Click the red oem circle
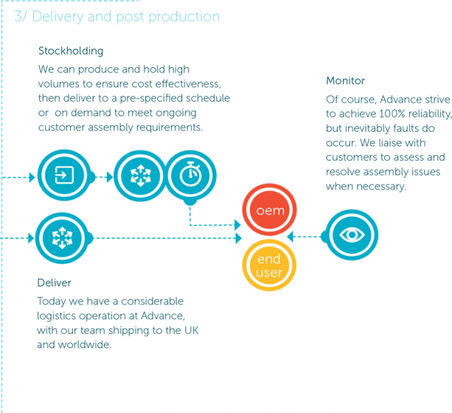(x=269, y=210)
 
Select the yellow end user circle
(x=269, y=265)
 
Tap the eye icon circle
(x=352, y=235)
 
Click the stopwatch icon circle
(x=191, y=176)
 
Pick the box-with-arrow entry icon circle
(x=64, y=175)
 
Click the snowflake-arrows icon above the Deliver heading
(x=62, y=238)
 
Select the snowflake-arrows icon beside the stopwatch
(x=140, y=176)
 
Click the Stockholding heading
(x=71, y=51)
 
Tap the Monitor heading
(x=345, y=81)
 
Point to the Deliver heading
(x=54, y=283)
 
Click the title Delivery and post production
(x=117, y=17)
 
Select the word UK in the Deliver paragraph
(x=191, y=330)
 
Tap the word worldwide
(x=84, y=344)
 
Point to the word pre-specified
(x=151, y=99)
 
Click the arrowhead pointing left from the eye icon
(x=290, y=237)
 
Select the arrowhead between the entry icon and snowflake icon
(x=109, y=177)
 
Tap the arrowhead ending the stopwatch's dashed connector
(x=238, y=225)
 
